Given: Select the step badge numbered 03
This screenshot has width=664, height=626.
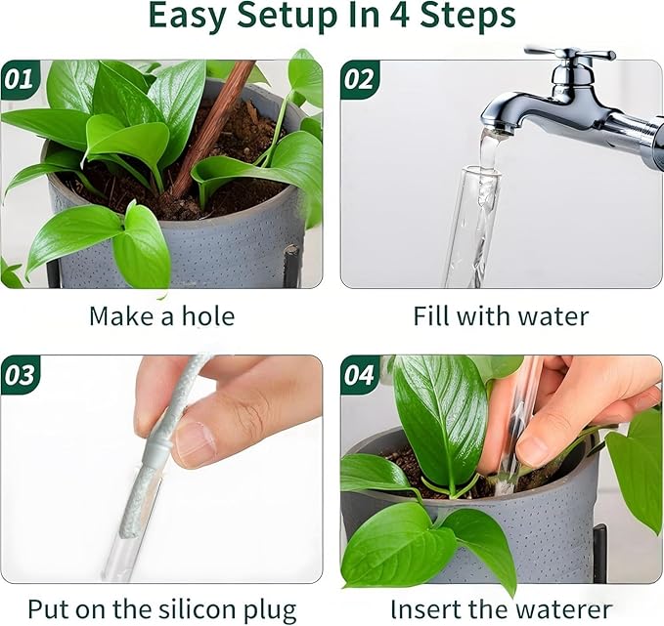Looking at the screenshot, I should point(20,375).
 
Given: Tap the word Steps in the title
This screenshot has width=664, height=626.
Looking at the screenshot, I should point(477,17).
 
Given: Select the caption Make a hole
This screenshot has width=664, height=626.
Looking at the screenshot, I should point(161,316).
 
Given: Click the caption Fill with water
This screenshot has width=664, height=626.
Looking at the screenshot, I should point(501,316).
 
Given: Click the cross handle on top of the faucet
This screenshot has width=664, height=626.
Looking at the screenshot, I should point(568,54).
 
